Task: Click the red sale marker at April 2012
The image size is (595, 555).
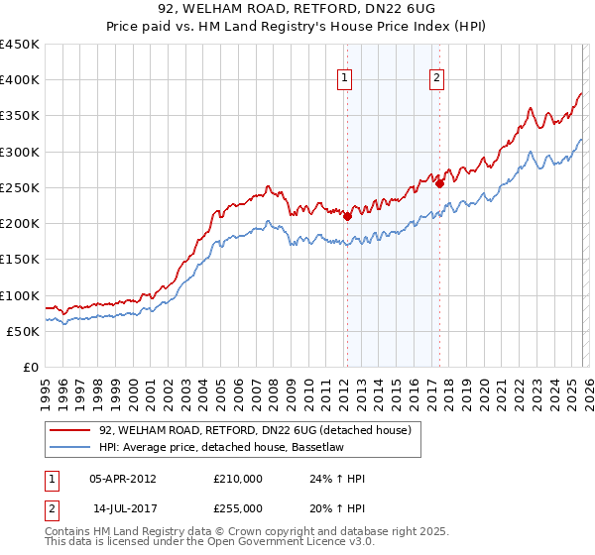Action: pyautogui.click(x=347, y=216)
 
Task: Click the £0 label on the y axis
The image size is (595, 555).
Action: pyautogui.click(x=30, y=368)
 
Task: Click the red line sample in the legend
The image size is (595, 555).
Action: pyautogui.click(x=70, y=430)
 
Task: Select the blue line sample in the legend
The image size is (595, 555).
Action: pyautogui.click(x=70, y=448)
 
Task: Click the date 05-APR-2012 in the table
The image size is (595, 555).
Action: pyautogui.click(x=123, y=479)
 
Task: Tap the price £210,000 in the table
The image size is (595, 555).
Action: pyautogui.click(x=238, y=479)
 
